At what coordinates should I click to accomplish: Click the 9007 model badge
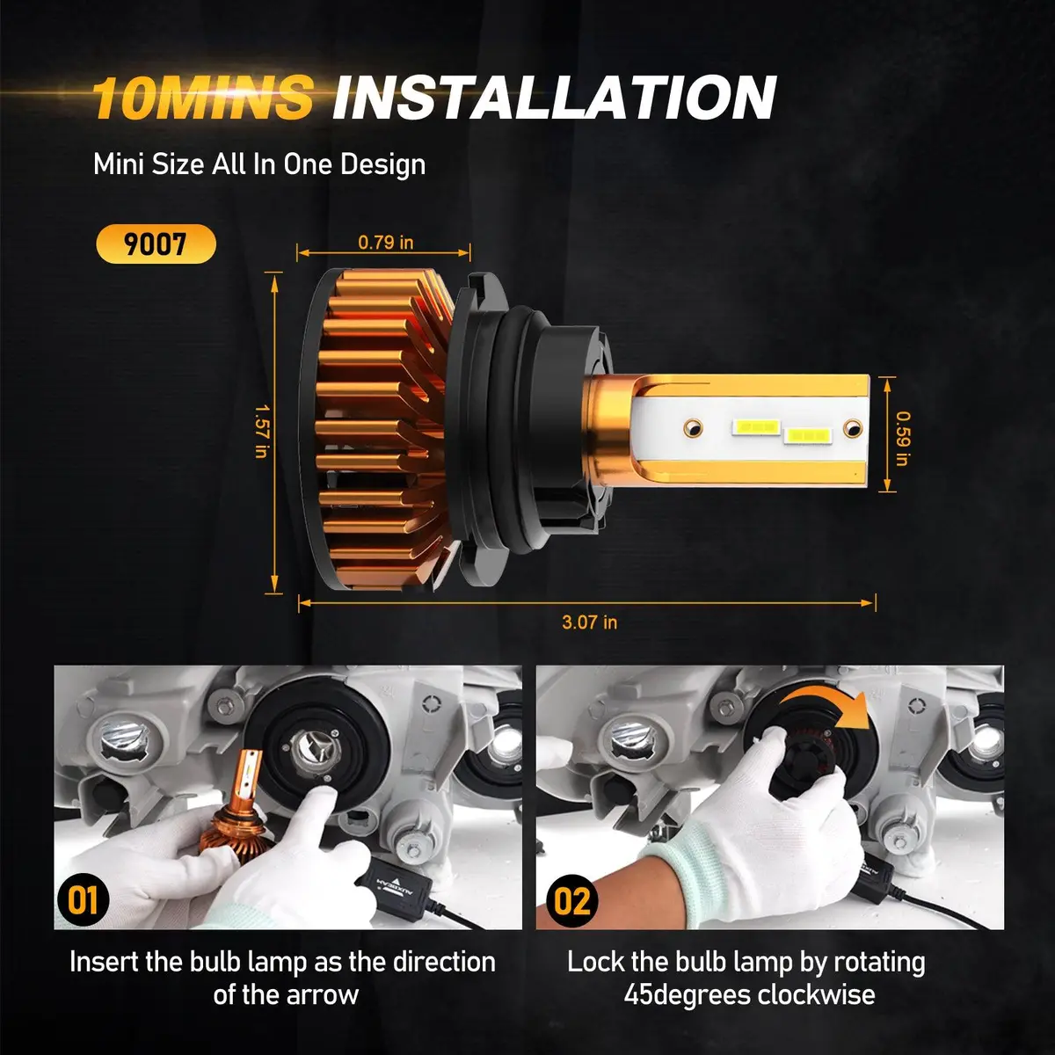156,244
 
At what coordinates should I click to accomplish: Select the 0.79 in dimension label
385,242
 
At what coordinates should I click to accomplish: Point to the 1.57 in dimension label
261,431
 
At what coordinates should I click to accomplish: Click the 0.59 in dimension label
902,439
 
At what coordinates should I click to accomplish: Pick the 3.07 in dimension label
589,622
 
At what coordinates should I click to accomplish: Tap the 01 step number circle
83,900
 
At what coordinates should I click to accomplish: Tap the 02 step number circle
572,900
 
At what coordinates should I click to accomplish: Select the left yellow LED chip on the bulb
757,426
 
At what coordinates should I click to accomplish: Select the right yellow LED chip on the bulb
807,435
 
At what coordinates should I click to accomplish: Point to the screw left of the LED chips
693,427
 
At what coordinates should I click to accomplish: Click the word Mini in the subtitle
118,164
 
